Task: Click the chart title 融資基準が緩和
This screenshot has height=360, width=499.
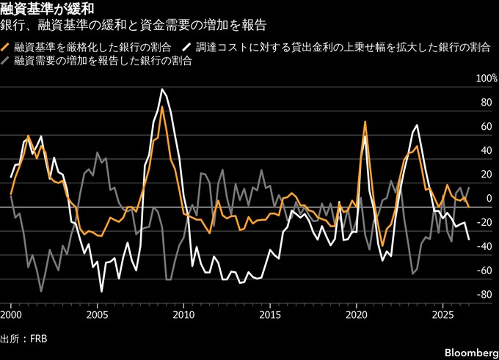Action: (x=47, y=9)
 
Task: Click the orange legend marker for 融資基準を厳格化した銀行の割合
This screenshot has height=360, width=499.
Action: (x=6, y=48)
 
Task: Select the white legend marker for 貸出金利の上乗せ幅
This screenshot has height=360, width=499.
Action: (x=187, y=48)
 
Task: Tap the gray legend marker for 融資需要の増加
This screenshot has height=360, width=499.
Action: (x=6, y=61)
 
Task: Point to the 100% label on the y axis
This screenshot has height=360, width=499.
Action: (x=487, y=78)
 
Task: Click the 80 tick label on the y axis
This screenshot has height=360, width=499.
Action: (x=487, y=103)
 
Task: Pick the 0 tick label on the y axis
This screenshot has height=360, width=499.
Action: (x=489, y=199)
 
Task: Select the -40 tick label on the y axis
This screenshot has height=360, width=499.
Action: (x=484, y=246)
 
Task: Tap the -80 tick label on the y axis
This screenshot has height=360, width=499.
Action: (x=484, y=295)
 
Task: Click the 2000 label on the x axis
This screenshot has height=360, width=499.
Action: (x=11, y=315)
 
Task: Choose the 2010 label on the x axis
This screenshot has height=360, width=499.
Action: (x=183, y=315)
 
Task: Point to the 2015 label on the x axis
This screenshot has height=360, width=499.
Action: (x=270, y=315)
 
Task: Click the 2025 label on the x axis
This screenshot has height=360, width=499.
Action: (x=442, y=315)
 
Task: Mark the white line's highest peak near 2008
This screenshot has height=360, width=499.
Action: (x=162, y=89)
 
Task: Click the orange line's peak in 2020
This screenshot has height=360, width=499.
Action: (x=365, y=122)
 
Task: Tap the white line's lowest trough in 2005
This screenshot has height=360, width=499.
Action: (x=101, y=291)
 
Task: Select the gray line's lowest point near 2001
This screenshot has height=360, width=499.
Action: (x=41, y=291)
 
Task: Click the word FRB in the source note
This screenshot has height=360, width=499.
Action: (x=38, y=339)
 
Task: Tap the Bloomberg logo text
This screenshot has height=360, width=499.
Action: (x=472, y=353)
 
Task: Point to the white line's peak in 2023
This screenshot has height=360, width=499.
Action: (x=417, y=125)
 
